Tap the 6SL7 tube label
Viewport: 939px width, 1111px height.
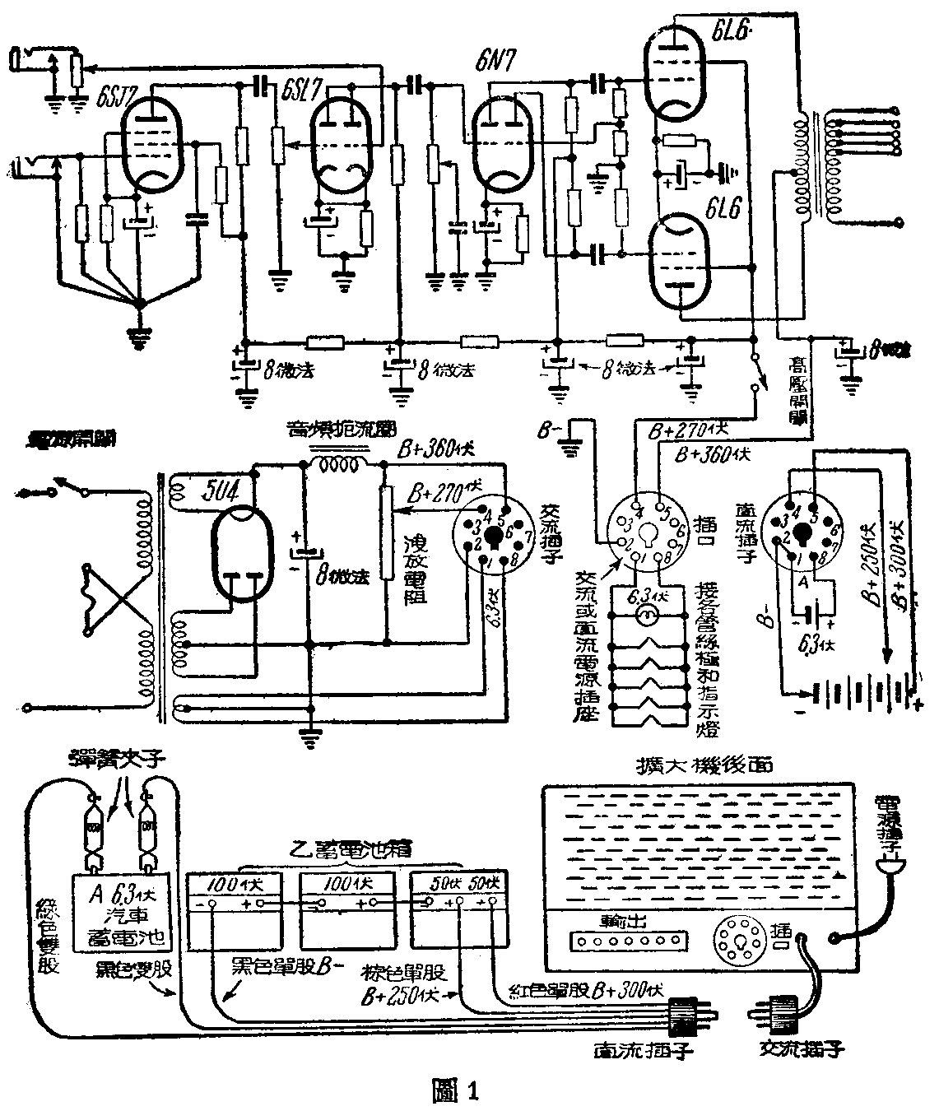298,88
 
